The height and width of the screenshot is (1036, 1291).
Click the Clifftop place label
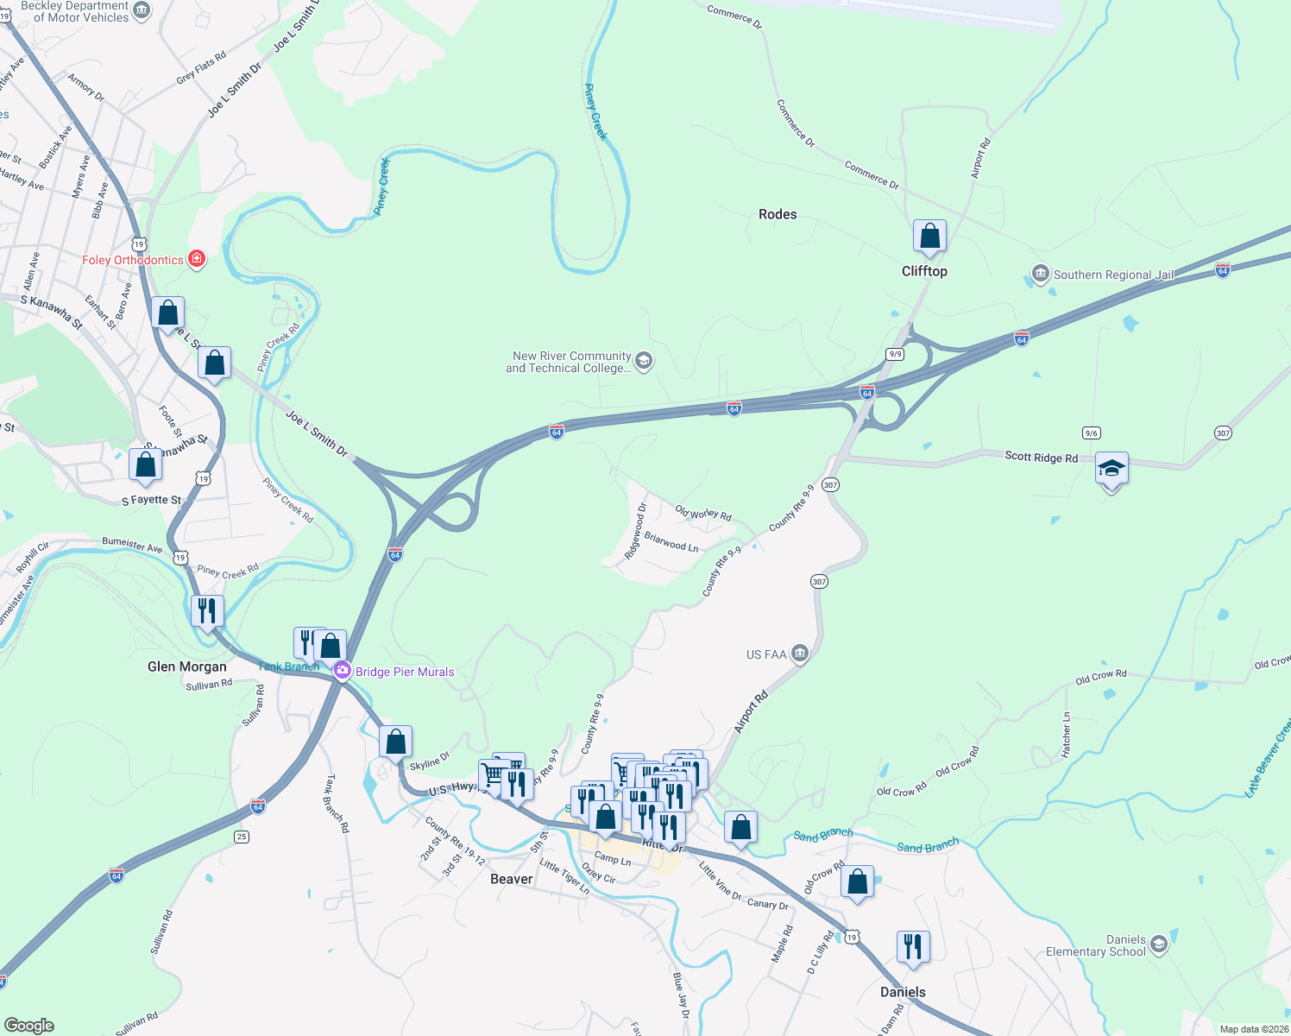[924, 271]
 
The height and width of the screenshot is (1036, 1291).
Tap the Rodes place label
[778, 214]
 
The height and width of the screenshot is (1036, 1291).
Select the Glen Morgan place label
[187, 666]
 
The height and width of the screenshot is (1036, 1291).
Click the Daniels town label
[903, 992]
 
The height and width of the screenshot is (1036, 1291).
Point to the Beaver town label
[512, 879]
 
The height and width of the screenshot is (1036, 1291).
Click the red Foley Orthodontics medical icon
[197, 259]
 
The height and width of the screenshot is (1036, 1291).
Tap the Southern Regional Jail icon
[1040, 275]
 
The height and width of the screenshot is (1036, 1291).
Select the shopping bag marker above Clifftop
[929, 237]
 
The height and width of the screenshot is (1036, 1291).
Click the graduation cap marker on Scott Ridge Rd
[1112, 470]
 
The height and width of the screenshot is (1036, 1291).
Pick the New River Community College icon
[644, 360]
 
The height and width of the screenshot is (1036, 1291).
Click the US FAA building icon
[800, 654]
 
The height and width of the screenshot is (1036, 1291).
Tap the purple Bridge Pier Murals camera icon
[343, 671]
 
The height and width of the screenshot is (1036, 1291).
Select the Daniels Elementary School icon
[1159, 944]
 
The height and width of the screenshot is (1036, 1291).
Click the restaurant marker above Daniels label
[912, 947]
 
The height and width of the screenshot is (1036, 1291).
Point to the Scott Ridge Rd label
[1041, 457]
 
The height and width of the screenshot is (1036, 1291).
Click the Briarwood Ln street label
[671, 542]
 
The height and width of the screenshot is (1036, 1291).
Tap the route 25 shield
[242, 836]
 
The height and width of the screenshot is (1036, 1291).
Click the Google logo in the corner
[29, 1025]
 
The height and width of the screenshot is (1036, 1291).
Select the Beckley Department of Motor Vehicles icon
[142, 10]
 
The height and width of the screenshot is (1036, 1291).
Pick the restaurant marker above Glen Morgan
[207, 611]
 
